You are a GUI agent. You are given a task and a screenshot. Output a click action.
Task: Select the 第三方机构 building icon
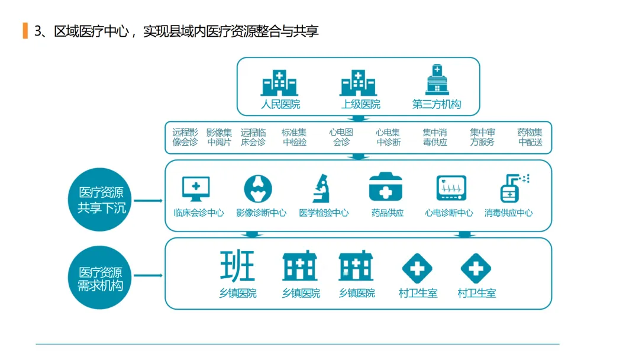coord(437,80)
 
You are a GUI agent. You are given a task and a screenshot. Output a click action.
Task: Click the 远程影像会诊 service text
coord(185,137)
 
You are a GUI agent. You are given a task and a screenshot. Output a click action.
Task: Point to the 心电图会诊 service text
coord(341,137)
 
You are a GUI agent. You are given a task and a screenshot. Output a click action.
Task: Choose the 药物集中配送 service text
coord(530,137)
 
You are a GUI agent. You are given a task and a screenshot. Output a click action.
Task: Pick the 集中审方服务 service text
coord(482,137)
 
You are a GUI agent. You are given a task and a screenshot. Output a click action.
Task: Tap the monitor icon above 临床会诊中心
coord(196,188)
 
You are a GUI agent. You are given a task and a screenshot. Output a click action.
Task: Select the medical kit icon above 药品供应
coord(386,188)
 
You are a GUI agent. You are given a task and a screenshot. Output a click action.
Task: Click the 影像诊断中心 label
coord(261,213)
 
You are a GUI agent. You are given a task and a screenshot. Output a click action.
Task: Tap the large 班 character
coord(237,266)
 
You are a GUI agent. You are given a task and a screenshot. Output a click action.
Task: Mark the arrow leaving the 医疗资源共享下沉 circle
coord(149,200)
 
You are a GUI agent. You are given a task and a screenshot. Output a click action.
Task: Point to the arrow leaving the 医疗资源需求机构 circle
coord(149,275)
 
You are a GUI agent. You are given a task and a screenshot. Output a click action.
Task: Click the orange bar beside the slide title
coord(25,31)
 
